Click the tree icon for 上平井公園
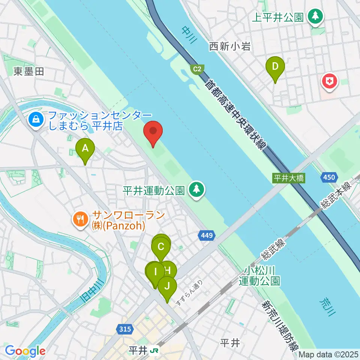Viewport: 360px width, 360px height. click(x=315, y=17)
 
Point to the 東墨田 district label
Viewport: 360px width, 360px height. click(x=28, y=71)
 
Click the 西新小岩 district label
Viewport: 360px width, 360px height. click(x=229, y=46)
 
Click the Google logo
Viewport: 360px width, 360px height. click(x=25, y=351)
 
